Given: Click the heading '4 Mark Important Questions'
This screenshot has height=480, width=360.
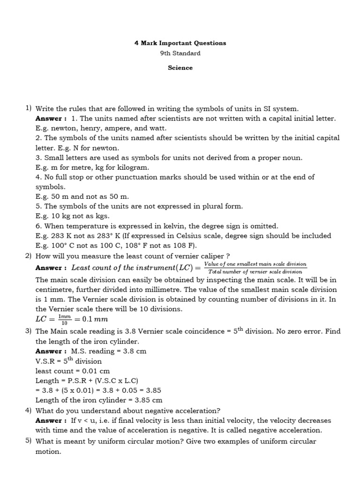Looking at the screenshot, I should click(x=180, y=43).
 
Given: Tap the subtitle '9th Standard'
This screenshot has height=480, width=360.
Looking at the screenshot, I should click(x=180, y=53).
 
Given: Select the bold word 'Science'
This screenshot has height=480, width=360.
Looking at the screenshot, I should click(x=180, y=68).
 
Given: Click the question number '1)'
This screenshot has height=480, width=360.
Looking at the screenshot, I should click(x=28, y=108).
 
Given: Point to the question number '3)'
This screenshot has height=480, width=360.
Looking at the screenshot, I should click(x=28, y=331).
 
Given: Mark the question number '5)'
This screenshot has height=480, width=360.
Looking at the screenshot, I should click(x=28, y=441).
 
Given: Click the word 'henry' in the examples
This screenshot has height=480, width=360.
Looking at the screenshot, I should click(x=88, y=128).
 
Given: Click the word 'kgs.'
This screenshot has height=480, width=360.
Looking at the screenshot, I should click(x=101, y=216).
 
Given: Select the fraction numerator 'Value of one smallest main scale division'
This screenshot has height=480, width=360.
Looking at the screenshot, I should click(x=255, y=264).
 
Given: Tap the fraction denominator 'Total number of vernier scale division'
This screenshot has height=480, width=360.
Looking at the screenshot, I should click(x=255, y=271).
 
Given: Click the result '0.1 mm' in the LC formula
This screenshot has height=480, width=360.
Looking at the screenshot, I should click(x=95, y=320).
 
